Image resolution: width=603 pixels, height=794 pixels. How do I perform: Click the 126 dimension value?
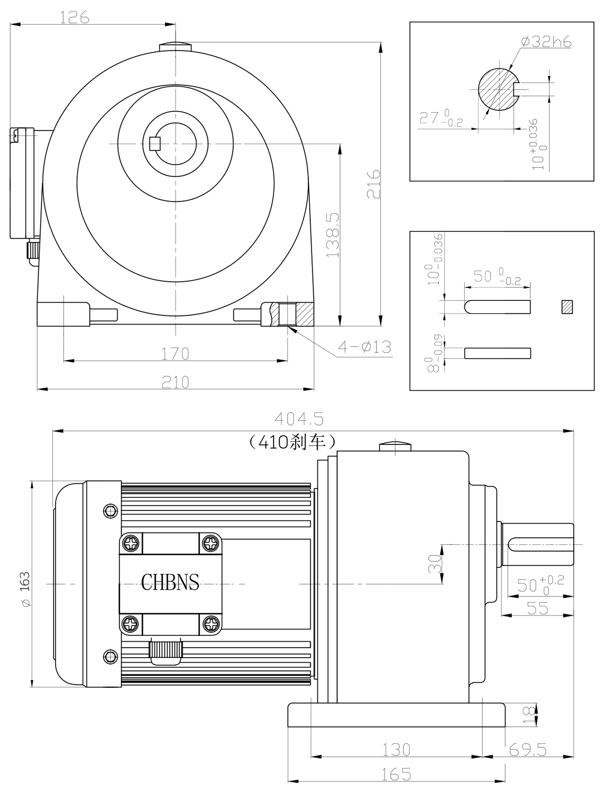coord(75,18)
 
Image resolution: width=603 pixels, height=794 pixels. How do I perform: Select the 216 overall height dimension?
coord(374,184)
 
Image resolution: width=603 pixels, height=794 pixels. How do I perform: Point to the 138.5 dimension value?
coord(333,235)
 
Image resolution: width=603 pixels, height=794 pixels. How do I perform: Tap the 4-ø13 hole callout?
coord(365,346)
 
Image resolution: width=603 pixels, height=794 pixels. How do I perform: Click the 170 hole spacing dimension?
coord(175,354)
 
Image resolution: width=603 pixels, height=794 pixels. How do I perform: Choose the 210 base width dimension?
coord(175,382)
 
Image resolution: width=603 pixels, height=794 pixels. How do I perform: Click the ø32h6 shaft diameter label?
coord(546,42)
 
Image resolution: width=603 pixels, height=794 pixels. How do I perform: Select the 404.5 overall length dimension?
coord(299,419)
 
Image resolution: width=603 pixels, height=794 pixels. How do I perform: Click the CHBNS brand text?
coord(170,582)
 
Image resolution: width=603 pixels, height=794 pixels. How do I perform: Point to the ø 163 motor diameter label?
coord(25,589)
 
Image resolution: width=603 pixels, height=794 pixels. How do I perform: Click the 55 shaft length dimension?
coord(538,608)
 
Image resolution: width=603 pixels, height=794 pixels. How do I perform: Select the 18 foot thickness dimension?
coord(529,715)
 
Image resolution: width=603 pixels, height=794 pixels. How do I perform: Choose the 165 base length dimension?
coord(397,774)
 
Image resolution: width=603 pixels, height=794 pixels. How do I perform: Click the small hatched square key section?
coord(567,307)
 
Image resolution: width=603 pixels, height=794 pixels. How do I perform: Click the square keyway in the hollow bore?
coord(155,144)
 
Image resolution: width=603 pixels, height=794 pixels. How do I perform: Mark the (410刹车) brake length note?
coord(292,443)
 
